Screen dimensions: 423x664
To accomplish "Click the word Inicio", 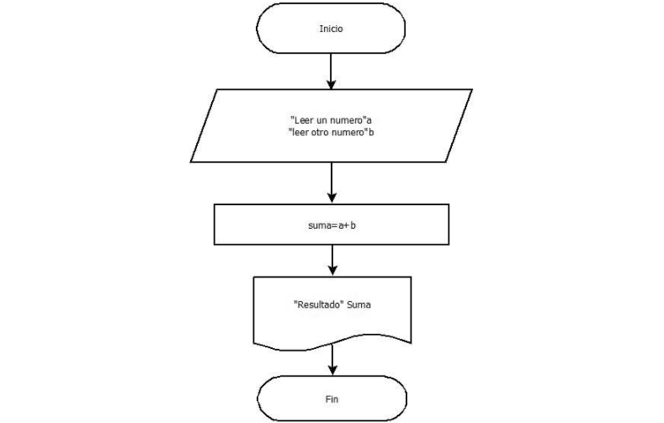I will pyautogui.click(x=331, y=29).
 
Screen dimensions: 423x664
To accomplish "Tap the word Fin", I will pyautogui.click(x=332, y=399).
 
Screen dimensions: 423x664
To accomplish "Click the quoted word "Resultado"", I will pyautogui.click(x=317, y=305).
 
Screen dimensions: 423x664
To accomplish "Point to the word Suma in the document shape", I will pyautogui.click(x=359, y=305).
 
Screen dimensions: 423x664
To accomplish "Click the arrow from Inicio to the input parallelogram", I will pyautogui.click(x=332, y=70).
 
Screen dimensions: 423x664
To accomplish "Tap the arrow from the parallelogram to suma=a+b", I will pyautogui.click(x=332, y=179).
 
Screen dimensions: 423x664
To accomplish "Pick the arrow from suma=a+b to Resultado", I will pyautogui.click(x=332, y=258).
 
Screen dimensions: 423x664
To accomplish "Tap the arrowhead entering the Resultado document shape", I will pyautogui.click(x=332, y=271).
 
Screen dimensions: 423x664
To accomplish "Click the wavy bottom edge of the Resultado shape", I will pyautogui.click(x=333, y=346).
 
